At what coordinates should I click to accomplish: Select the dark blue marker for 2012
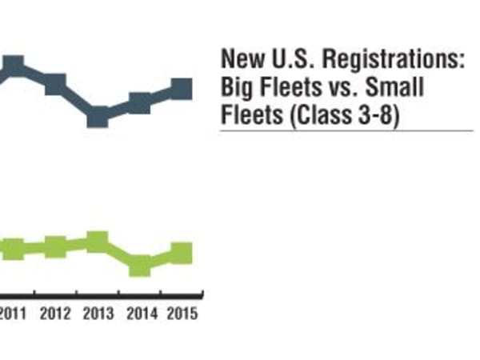[x=54, y=84]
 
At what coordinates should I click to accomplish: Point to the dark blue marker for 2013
[x=98, y=117]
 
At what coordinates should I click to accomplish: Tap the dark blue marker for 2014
[x=139, y=103]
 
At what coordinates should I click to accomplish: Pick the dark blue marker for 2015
[x=182, y=88]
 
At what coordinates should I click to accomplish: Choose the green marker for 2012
[x=54, y=246]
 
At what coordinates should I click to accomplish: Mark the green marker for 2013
[x=98, y=241]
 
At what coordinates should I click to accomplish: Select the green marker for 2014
[x=139, y=265]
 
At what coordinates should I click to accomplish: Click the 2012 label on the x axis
[x=55, y=313]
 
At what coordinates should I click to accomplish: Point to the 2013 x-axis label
[x=98, y=313]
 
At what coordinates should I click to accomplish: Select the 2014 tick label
[x=142, y=313]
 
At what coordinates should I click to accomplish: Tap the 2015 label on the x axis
[x=182, y=313]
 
